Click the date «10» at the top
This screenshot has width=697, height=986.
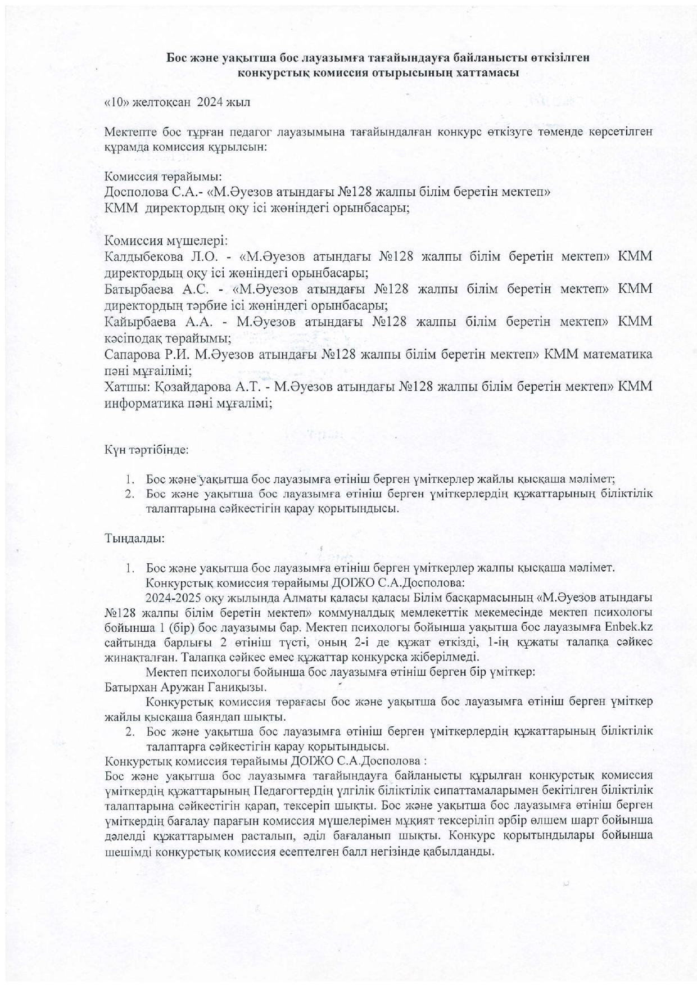click(x=115, y=103)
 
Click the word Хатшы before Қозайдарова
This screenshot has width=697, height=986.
click(x=120, y=387)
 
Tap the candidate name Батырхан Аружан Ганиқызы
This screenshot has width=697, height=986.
click(x=186, y=687)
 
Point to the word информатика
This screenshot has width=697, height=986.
click(x=139, y=403)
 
